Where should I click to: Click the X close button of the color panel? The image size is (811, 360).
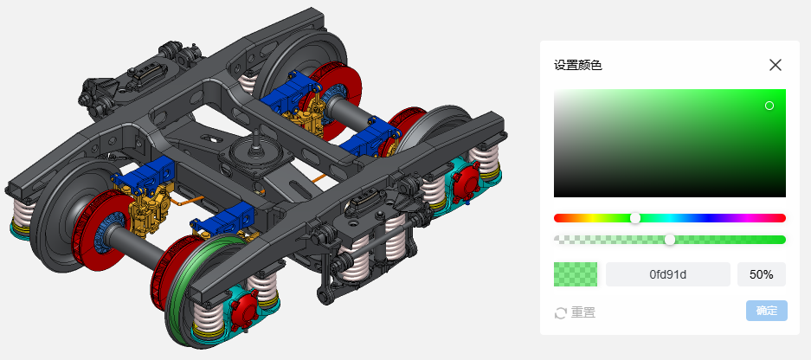pyautogui.click(x=775, y=65)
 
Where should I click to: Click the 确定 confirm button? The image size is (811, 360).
pyautogui.click(x=767, y=311)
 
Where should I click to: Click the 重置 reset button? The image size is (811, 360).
pyautogui.click(x=575, y=312)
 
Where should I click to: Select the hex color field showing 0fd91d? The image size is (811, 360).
pyautogui.click(x=667, y=274)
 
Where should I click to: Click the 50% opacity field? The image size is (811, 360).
pyautogui.click(x=762, y=274)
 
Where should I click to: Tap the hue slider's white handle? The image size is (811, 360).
pyautogui.click(x=635, y=218)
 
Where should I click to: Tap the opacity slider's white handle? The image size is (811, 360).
pyautogui.click(x=670, y=240)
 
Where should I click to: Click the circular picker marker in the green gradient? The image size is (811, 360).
pyautogui.click(x=769, y=106)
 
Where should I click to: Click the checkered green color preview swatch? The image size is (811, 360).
pyautogui.click(x=576, y=274)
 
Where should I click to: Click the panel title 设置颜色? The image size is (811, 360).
pyautogui.click(x=577, y=66)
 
